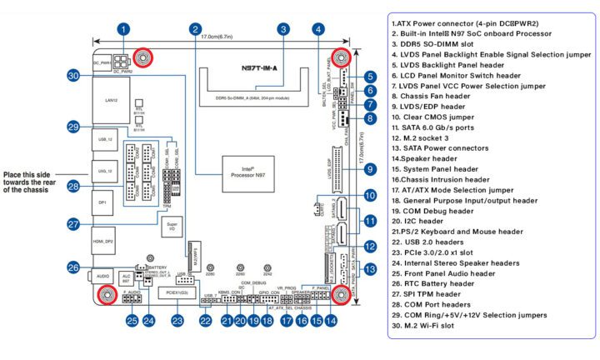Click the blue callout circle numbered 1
[122, 29]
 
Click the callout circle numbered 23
[176, 319]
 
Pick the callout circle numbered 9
[369, 169]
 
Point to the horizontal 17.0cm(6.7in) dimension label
[227, 37]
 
